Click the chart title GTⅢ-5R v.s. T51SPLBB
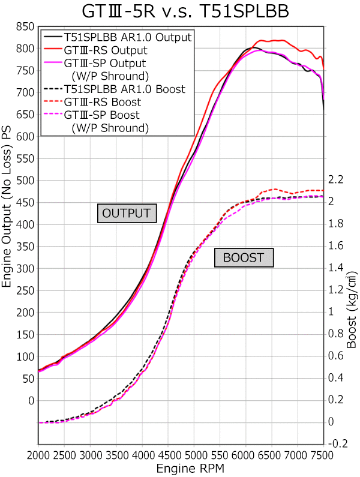tap(180, 12)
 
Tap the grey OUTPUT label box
tap(126, 213)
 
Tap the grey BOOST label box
tap(244, 258)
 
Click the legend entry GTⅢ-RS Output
tap(105, 50)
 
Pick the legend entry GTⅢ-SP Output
tap(104, 62)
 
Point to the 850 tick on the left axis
tap(25, 26)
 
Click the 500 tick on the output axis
tap(25, 181)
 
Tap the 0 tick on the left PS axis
tap(31, 400)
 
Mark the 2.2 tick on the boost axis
tap(335, 179)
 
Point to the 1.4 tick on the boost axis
tap(335, 268)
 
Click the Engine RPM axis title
tap(181, 467)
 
